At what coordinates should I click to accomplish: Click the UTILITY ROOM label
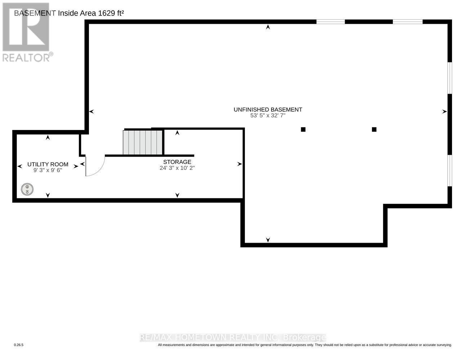click(x=48, y=164)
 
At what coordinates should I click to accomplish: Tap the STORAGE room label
click(x=177, y=162)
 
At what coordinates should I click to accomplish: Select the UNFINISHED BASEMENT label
click(x=268, y=109)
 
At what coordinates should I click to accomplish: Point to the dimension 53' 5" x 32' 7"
click(x=268, y=116)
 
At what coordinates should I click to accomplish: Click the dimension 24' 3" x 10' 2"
click(x=177, y=168)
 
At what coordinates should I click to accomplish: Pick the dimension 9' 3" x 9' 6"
click(x=48, y=170)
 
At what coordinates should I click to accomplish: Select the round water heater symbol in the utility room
click(x=27, y=189)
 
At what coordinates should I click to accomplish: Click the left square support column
click(x=303, y=130)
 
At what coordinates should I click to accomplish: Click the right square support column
click(x=374, y=130)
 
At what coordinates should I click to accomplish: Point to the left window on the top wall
click(x=330, y=22)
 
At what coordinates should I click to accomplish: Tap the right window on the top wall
click(x=407, y=22)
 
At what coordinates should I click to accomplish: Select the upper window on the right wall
click(x=449, y=78)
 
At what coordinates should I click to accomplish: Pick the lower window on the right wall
click(x=449, y=171)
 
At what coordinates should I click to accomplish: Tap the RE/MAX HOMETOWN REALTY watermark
click(x=233, y=337)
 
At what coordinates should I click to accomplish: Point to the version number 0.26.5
click(x=19, y=345)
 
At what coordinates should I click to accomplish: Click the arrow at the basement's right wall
click(x=444, y=112)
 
